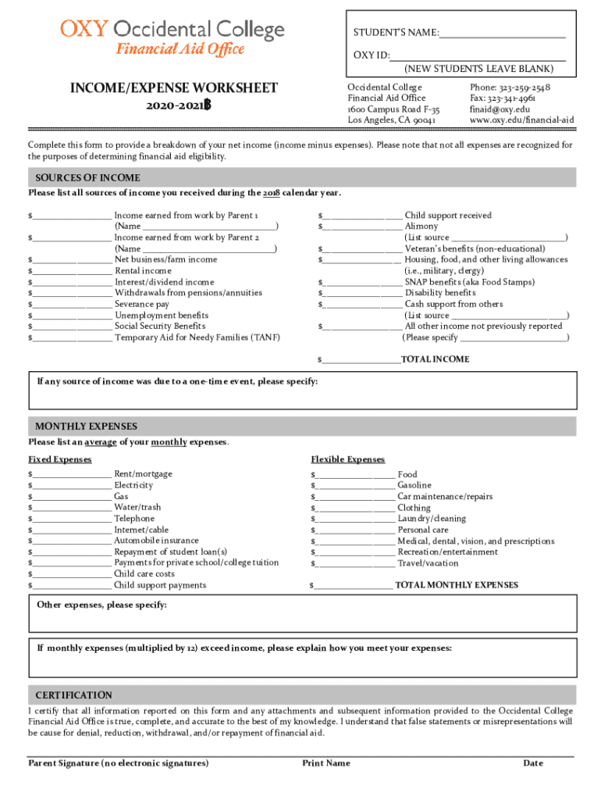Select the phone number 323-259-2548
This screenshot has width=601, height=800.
[510, 87]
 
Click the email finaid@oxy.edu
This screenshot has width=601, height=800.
[500, 109]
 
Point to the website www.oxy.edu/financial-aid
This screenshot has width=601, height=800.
[521, 120]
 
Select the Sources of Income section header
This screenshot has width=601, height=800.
[87, 177]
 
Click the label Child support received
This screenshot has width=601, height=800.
[448, 215]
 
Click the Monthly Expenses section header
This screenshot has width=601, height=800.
[86, 427]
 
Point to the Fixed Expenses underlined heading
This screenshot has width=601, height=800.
[60, 459]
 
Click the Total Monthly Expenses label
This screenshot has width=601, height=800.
[457, 585]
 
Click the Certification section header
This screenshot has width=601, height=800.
[73, 695]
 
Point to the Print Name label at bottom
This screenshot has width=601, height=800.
[326, 763]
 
